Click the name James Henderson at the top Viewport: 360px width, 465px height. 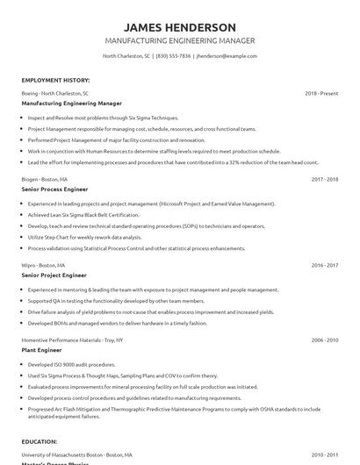[179, 27]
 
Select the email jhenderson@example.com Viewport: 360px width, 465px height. [227, 55]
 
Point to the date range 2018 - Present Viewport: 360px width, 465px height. [321, 92]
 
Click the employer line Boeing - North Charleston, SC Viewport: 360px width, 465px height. [55, 92]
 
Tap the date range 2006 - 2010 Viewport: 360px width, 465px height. [324, 339]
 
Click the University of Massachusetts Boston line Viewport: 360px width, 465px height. [77, 454]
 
